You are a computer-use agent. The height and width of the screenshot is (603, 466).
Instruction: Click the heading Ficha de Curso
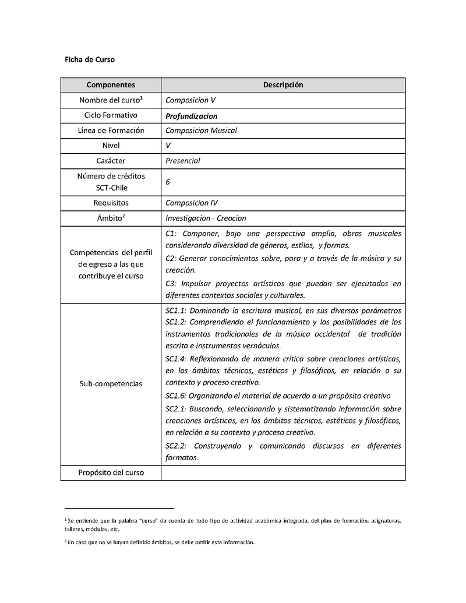89,59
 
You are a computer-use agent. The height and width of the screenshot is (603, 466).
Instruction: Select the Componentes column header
111,85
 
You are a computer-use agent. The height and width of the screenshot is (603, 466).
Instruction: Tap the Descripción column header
283,85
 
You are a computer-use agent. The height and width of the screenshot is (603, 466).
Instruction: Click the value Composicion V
190,100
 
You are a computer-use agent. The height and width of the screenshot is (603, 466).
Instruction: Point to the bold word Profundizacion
191,115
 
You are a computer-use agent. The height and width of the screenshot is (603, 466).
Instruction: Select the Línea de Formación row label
111,131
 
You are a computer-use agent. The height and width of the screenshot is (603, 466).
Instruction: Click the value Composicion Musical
201,131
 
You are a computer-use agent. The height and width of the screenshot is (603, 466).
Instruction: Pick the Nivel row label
111,146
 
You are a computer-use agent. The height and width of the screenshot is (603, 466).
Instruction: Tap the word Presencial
182,161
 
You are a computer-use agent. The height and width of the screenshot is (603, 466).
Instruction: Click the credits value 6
168,182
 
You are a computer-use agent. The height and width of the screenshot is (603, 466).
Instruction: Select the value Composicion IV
192,203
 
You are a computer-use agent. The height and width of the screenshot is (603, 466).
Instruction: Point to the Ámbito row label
111,218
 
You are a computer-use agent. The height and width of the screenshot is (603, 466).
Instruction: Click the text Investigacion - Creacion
206,218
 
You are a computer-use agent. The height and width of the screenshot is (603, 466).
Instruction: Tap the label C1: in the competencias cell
172,233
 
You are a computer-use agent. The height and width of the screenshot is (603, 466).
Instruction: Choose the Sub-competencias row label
111,384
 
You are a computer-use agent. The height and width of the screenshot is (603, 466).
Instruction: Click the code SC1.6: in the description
176,396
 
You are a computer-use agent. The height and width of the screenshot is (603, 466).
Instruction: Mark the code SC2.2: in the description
176,446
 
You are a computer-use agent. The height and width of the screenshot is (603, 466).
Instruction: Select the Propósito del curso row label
111,472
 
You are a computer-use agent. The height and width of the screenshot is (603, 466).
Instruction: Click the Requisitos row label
111,203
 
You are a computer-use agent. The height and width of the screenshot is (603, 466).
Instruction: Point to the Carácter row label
111,161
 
